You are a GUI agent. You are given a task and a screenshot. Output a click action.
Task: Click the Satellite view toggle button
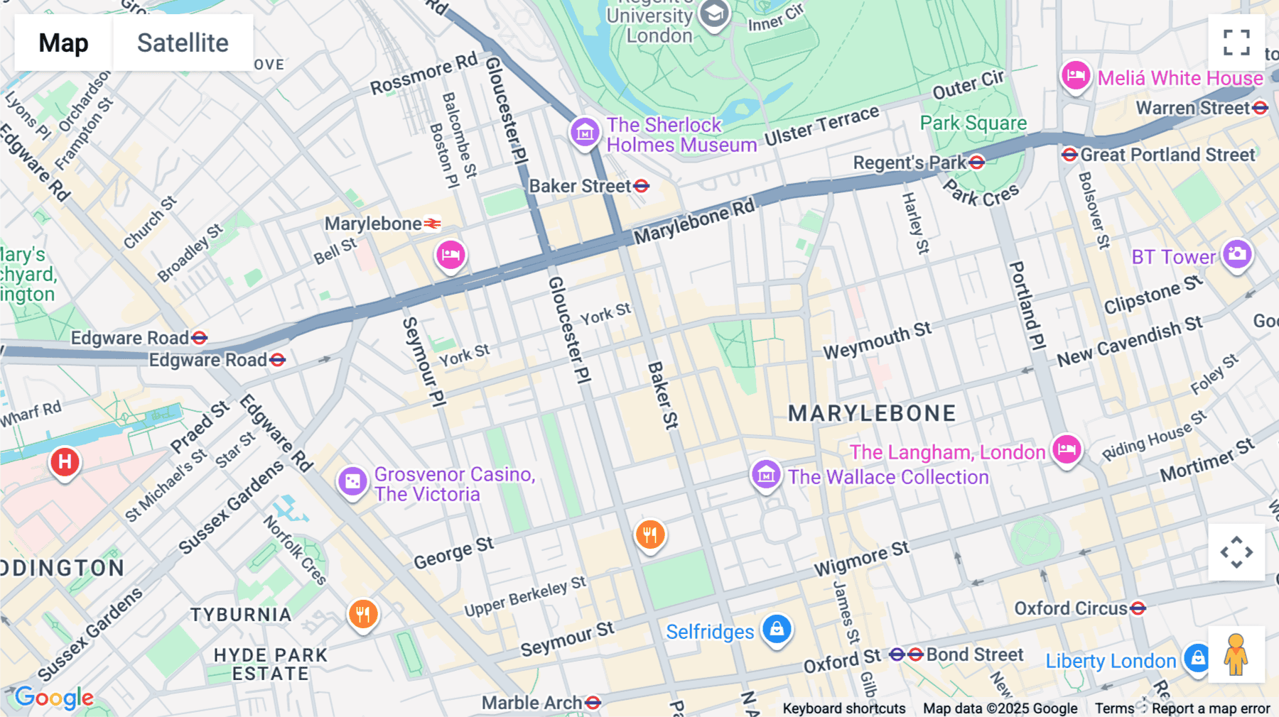pos(183,43)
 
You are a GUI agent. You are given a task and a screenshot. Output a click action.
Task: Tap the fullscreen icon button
pos(1236,43)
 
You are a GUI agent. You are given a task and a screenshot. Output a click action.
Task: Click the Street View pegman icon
pos(1236,655)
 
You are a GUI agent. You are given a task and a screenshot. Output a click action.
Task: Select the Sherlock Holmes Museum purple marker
pos(585,131)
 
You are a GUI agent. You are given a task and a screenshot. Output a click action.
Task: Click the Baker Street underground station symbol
pos(642,186)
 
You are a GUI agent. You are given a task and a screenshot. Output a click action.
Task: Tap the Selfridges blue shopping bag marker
pos(777,629)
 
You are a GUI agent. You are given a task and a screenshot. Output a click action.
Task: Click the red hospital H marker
pos(65,462)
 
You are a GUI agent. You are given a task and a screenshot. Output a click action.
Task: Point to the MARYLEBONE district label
pos(872,413)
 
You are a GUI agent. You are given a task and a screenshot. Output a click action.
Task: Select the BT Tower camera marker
pos(1237,254)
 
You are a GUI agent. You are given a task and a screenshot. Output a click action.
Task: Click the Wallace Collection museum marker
pos(766,475)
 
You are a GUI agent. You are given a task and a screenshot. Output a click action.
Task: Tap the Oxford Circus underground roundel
pos(1138,608)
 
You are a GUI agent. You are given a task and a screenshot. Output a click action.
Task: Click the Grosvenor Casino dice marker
pos(352,482)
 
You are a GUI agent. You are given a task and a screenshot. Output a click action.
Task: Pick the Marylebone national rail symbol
pos(433,224)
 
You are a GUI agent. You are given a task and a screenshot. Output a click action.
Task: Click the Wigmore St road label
pos(861,559)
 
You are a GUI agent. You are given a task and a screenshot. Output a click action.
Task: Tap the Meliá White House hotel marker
pos(1076,75)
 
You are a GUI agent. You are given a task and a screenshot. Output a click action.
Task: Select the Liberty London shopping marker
pos(1197,658)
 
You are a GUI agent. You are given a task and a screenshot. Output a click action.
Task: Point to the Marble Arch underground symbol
pos(593,703)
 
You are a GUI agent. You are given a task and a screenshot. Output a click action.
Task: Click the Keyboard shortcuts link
pos(843,708)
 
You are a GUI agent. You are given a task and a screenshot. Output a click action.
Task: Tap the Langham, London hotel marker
pos(1067,449)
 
